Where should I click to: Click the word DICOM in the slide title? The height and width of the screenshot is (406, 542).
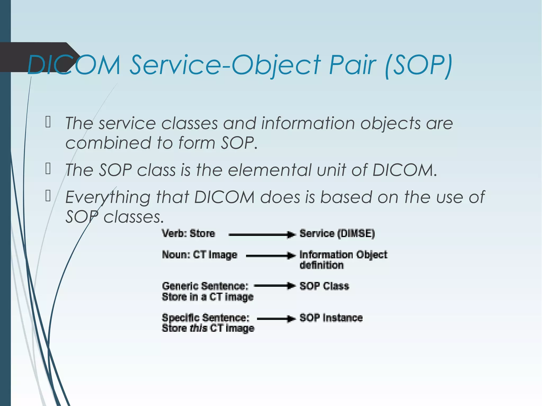[x=74, y=65]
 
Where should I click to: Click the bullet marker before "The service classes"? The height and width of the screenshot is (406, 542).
[x=48, y=122]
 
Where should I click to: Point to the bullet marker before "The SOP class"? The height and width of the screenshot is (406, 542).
[x=48, y=169]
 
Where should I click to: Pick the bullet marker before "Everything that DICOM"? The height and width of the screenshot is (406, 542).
[x=48, y=196]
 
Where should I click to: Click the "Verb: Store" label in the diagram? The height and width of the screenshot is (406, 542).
[x=188, y=234]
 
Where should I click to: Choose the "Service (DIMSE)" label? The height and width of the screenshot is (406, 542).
[x=337, y=234]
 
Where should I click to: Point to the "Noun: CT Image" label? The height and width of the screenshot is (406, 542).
[x=200, y=255]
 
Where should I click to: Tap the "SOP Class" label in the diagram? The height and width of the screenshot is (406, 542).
[x=324, y=286]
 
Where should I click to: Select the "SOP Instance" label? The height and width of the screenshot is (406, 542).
[x=331, y=318]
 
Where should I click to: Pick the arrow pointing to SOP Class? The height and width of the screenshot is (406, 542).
[x=274, y=286]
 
